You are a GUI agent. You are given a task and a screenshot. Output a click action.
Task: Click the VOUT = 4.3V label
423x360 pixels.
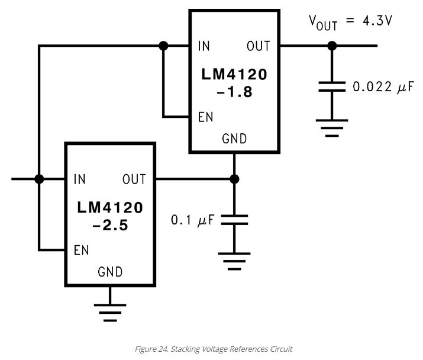pos(350,22)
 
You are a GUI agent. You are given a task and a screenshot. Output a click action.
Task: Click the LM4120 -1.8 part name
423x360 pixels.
pos(234,83)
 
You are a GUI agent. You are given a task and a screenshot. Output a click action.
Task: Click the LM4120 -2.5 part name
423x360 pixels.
pos(110,216)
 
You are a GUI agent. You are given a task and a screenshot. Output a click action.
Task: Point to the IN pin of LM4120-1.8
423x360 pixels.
pos(204,46)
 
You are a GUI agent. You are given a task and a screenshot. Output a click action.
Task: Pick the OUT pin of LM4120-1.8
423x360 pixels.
pos(259,46)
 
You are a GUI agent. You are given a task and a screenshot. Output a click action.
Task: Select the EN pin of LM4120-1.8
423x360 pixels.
pos(205,117)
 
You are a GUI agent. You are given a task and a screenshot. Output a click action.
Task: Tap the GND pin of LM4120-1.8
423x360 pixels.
pos(234,139)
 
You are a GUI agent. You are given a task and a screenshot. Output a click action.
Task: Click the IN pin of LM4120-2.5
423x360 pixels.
pos(79,179)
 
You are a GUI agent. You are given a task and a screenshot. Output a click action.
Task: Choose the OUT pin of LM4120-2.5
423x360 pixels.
pos(134,179)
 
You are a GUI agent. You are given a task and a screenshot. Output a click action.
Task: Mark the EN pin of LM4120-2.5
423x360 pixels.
pos(81,250)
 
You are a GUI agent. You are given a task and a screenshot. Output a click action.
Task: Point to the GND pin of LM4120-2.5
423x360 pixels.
pos(110,272)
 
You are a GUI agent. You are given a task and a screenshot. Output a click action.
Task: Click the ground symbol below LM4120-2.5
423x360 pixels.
pos(110,310)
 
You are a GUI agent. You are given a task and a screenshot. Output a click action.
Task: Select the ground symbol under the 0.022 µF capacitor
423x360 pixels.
pos(332,127)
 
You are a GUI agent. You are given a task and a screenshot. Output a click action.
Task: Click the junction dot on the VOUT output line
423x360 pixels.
pos(332,46)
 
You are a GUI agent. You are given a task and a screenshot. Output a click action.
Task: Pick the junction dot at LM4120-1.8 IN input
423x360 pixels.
pos(164,46)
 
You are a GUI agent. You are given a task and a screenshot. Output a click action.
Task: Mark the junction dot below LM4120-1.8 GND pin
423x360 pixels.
pos(234,179)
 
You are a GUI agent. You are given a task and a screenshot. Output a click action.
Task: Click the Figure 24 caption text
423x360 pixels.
pos(214,349)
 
